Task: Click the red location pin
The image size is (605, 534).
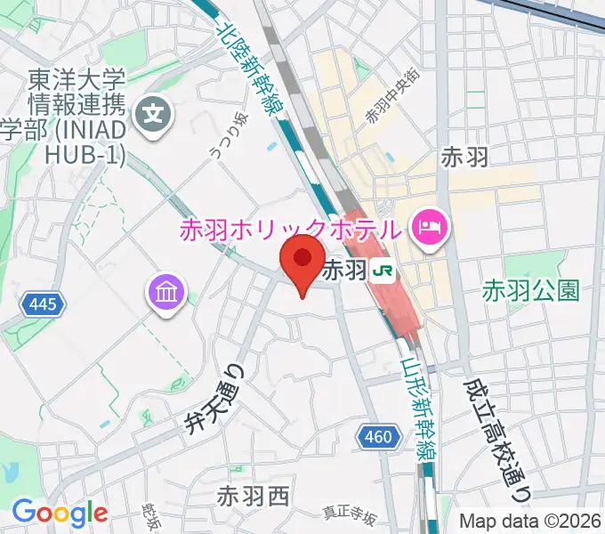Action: point(302,260)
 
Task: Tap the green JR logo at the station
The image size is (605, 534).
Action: point(383,270)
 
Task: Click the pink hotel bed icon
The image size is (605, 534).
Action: point(431,227)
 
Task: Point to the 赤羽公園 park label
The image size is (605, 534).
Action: point(531,290)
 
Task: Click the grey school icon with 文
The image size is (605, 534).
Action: point(156,114)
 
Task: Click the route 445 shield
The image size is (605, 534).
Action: point(43,305)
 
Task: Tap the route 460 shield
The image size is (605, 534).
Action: point(379,436)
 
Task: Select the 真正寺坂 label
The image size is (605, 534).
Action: point(349,514)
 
